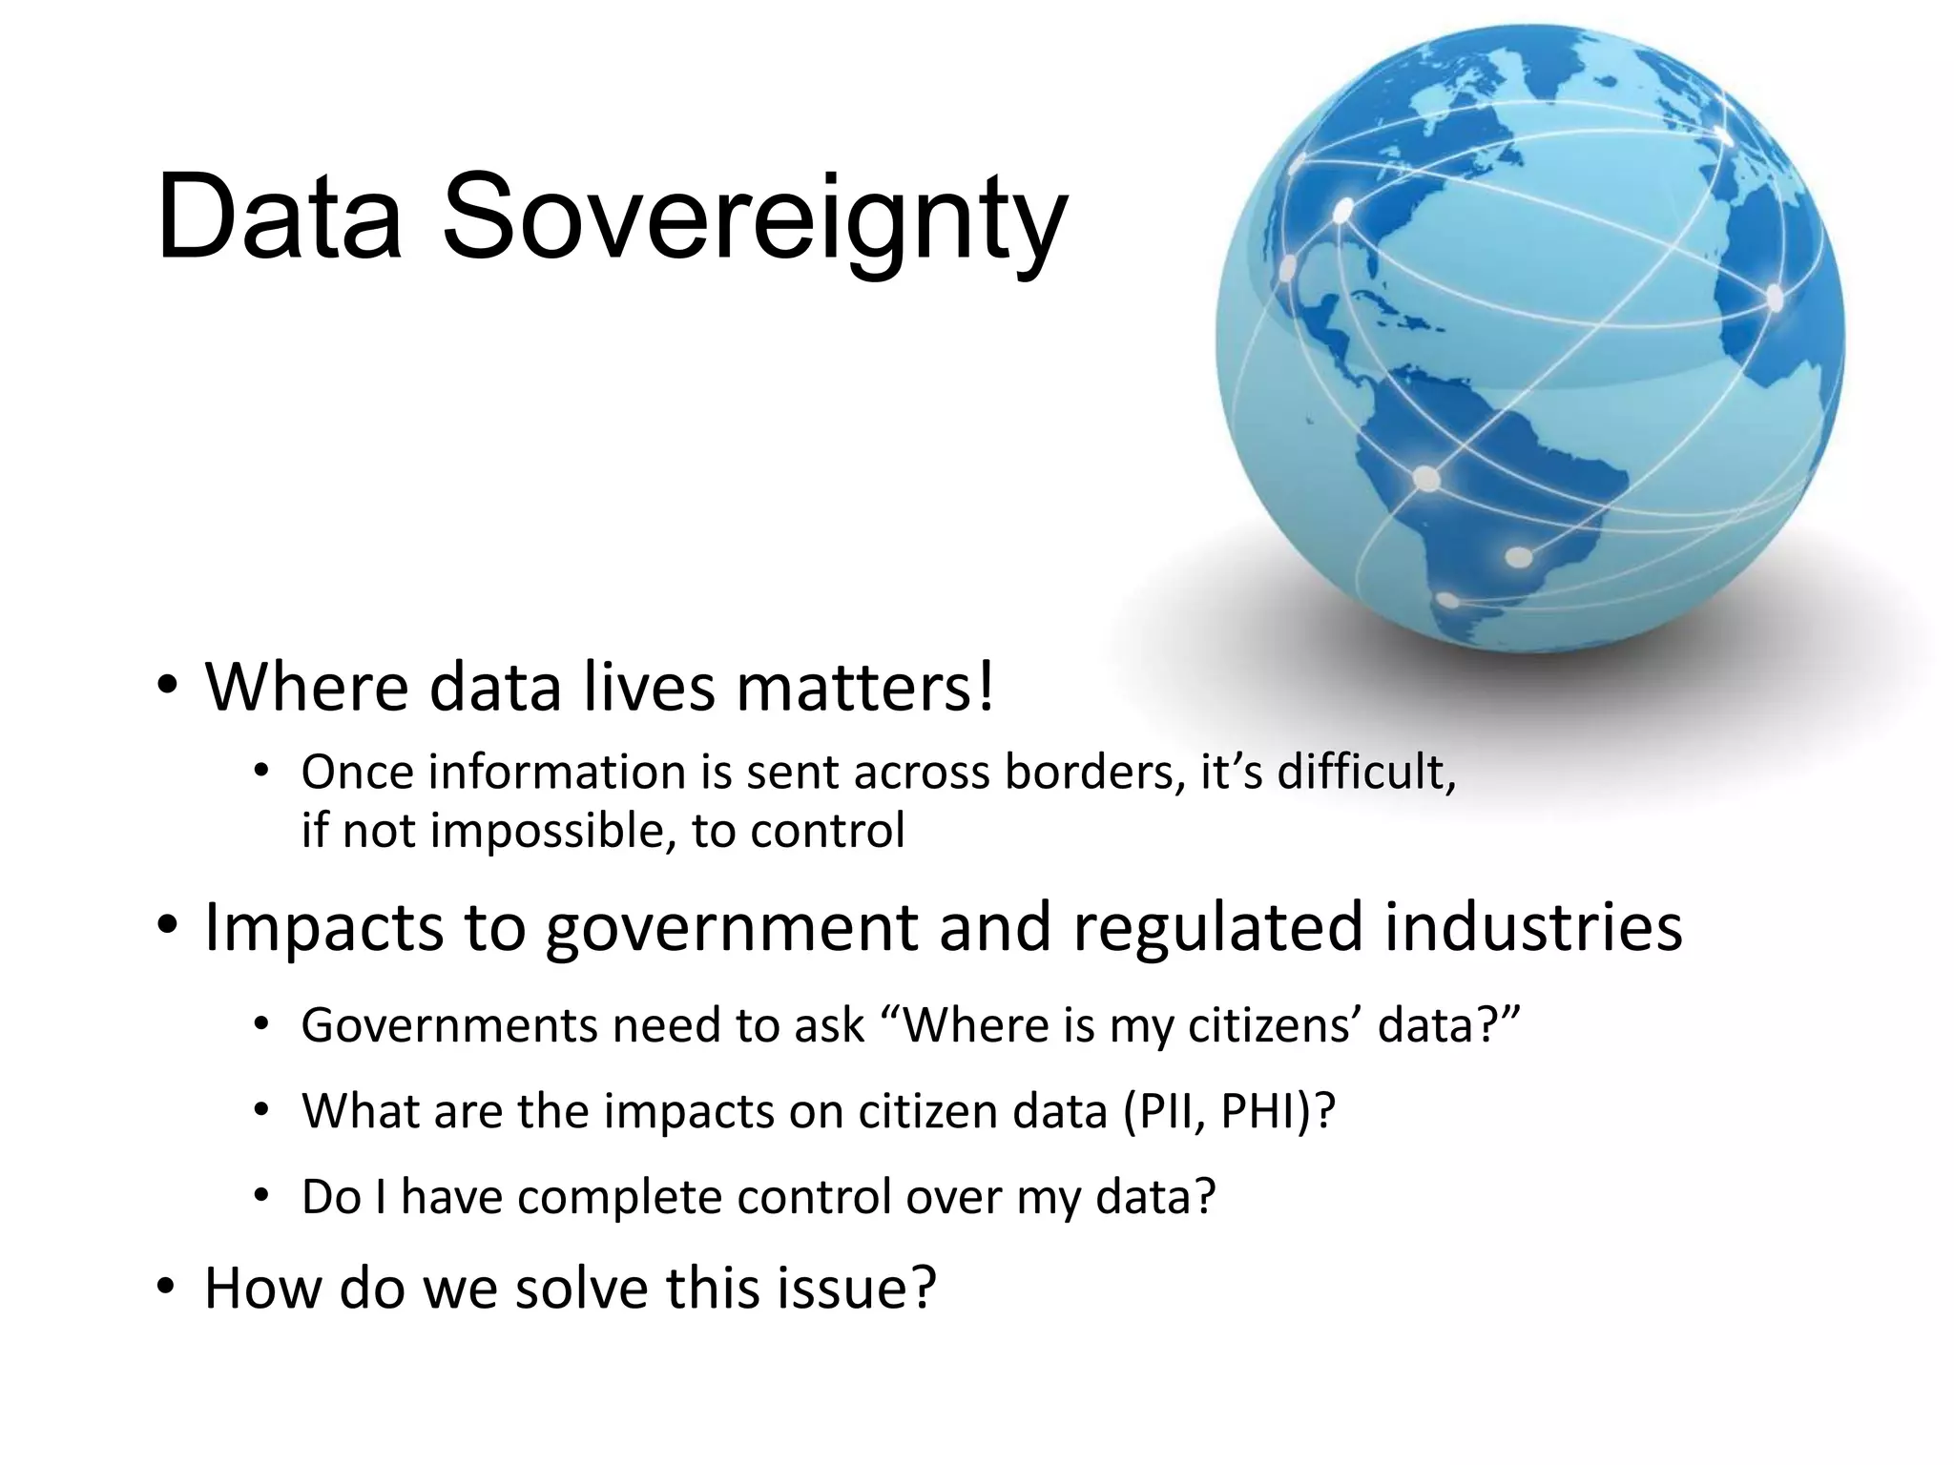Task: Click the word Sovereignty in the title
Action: pyautogui.click(x=754, y=217)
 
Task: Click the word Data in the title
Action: pyautogui.click(x=279, y=217)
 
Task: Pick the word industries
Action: pyautogui.click(x=1533, y=927)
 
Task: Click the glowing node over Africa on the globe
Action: pyautogui.click(x=1775, y=298)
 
